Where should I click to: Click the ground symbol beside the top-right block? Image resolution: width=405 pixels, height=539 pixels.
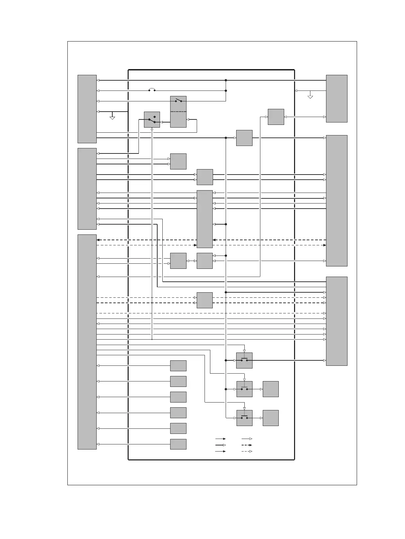coord(310,97)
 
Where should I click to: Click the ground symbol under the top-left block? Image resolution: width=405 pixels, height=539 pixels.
coord(112,118)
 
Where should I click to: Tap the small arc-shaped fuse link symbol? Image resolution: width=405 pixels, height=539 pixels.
coord(152,90)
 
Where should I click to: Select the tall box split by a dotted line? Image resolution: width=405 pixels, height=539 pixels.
coord(178,112)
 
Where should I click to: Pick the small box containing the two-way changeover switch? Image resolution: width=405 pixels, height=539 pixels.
coord(152,119)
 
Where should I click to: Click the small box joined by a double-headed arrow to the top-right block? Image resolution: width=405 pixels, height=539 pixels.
coord(276,117)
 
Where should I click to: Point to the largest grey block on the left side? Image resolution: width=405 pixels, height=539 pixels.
coord(87,342)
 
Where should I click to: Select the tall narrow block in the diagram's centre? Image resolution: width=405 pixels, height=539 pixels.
coord(205,219)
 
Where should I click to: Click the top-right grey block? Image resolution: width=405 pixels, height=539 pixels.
coord(336,98)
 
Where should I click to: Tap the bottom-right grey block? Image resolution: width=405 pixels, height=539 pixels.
coord(336,321)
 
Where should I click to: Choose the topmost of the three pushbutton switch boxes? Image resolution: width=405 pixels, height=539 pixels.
coord(244,360)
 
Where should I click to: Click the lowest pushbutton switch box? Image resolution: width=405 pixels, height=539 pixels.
coord(244,418)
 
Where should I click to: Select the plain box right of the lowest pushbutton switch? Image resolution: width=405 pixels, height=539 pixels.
coord(271,418)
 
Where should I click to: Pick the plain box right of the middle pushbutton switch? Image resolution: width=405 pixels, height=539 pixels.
coord(271,389)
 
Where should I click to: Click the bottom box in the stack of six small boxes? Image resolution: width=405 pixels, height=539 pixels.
coord(178,444)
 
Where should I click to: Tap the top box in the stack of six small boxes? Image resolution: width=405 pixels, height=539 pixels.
coord(178,365)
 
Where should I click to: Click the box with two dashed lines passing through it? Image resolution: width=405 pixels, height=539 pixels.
coord(205,300)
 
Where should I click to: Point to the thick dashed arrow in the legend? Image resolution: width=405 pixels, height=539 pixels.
coord(246,445)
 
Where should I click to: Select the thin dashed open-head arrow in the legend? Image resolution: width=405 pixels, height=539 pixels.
coord(246,451)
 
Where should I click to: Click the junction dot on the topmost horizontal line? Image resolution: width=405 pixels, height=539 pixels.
coord(226,80)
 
